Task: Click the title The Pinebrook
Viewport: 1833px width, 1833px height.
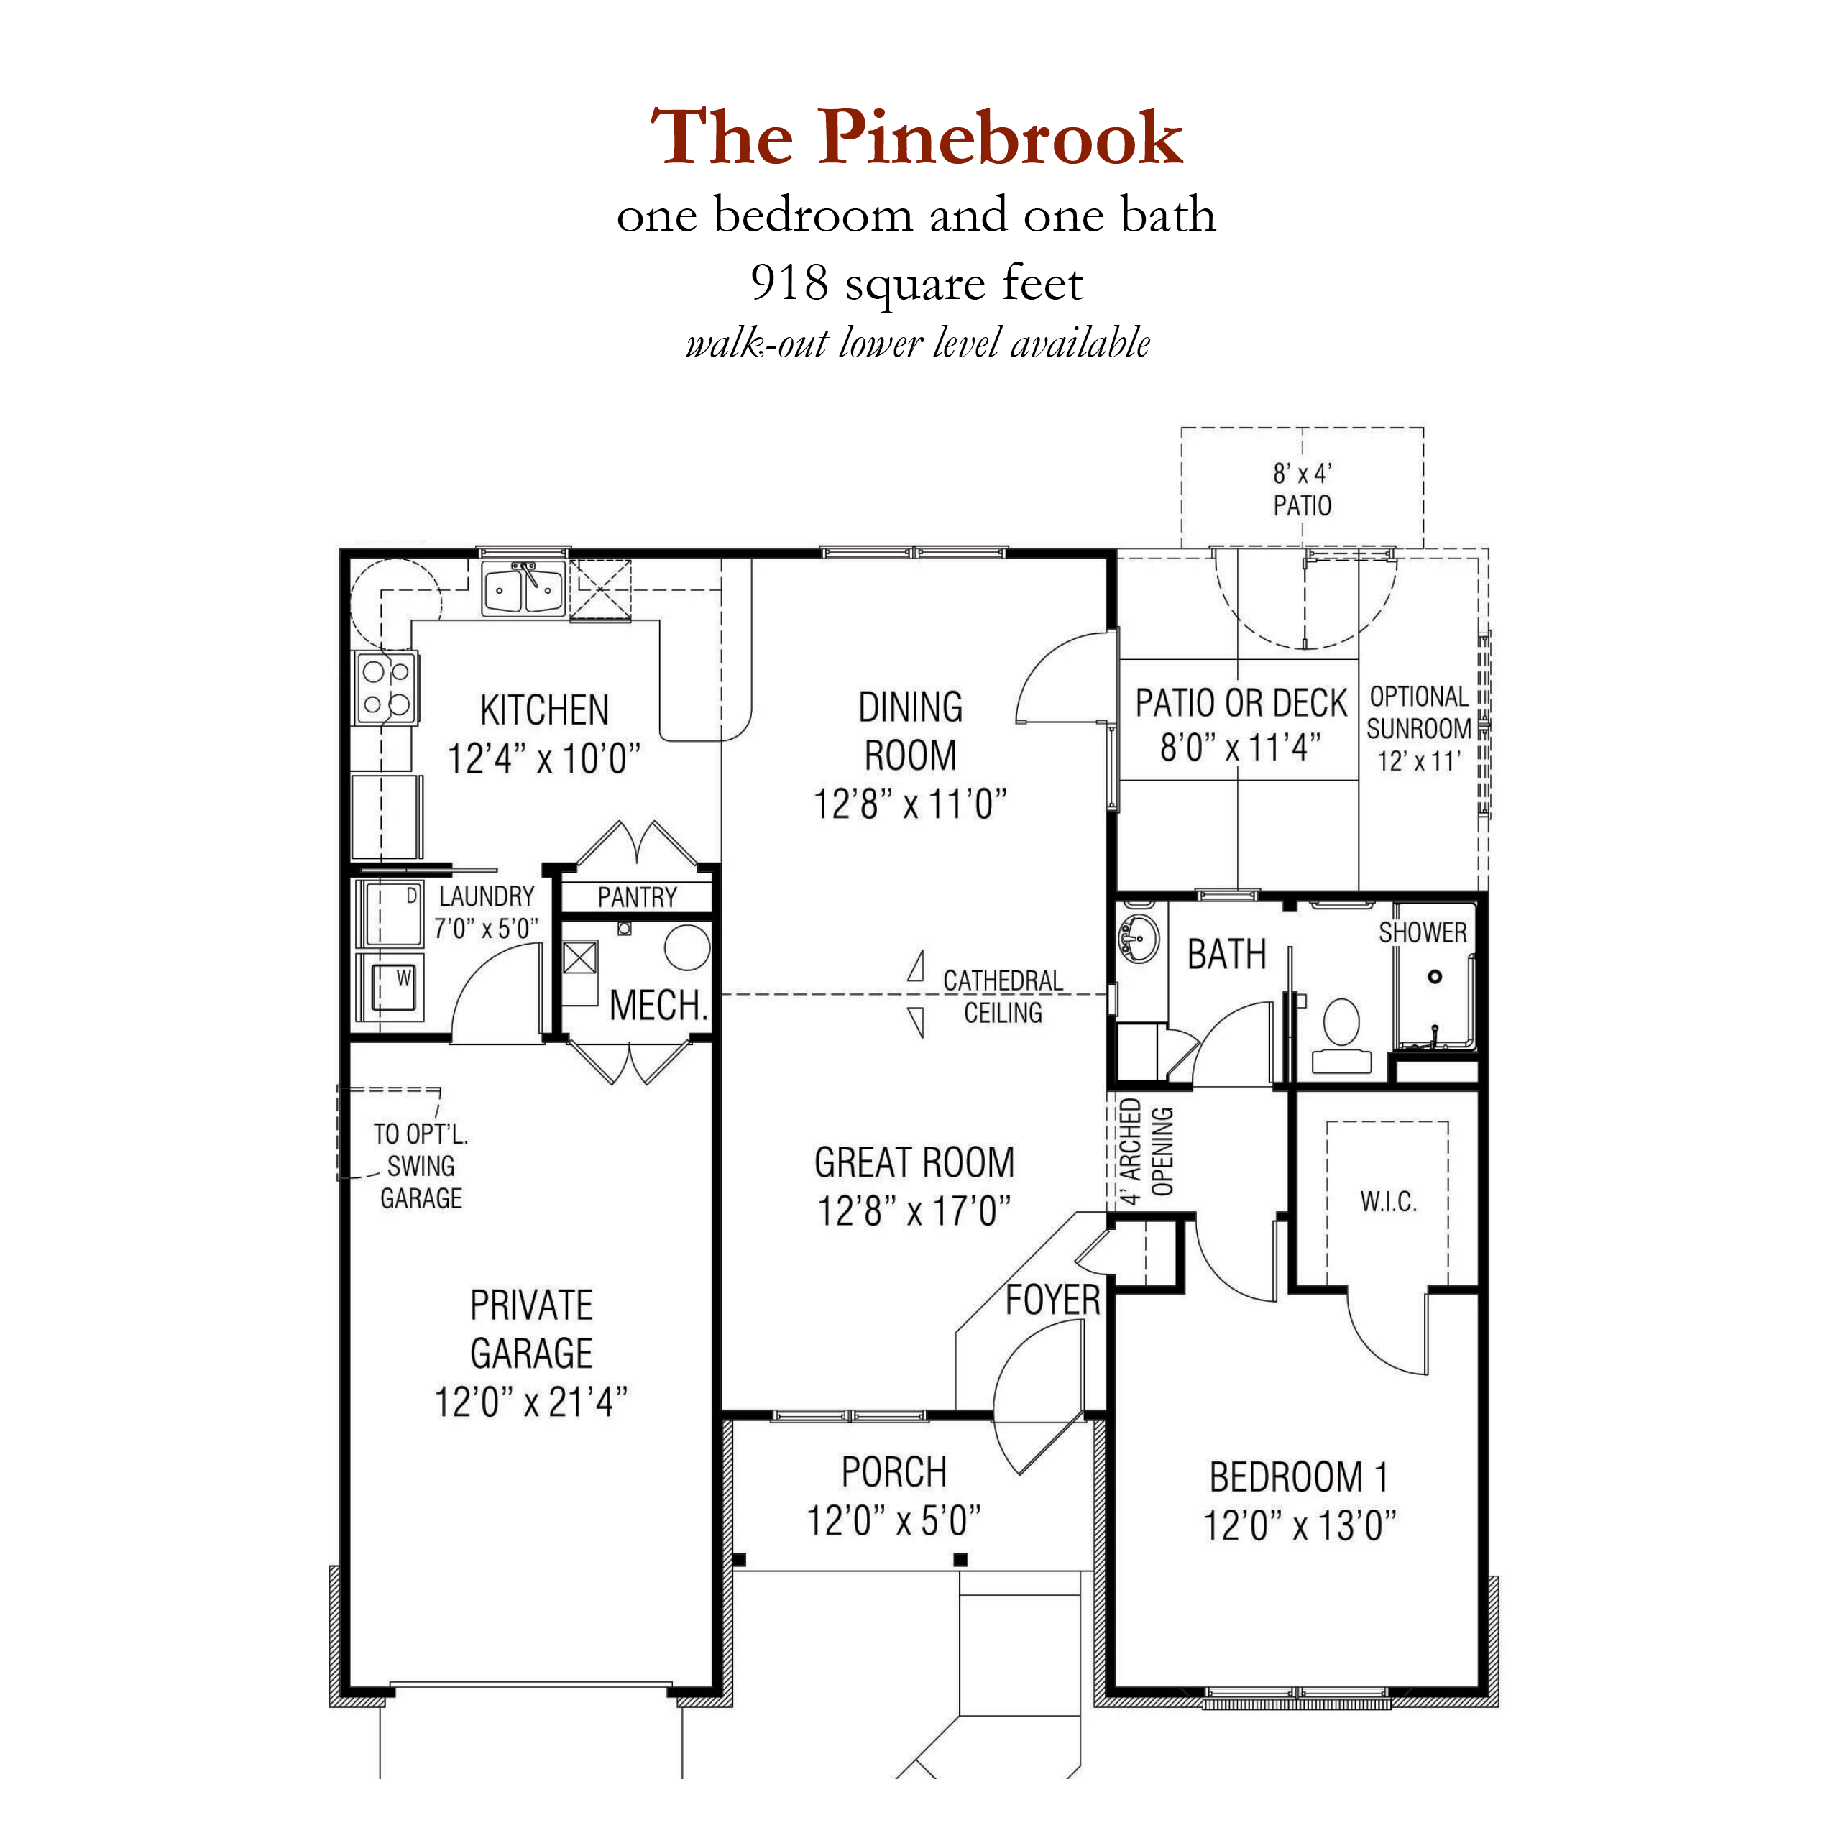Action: click(916, 137)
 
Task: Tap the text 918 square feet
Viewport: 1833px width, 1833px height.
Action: click(916, 282)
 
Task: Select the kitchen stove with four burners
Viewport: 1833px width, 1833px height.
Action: click(386, 688)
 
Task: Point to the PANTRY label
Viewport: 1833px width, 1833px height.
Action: click(637, 896)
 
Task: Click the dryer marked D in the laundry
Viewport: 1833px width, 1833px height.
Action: click(389, 914)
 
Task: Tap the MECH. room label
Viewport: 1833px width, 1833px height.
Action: click(658, 1005)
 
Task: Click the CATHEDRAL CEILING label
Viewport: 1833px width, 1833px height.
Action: click(1002, 996)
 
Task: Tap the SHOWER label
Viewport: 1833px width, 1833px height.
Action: click(1422, 932)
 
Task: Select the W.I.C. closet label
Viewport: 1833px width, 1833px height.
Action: click(1388, 1202)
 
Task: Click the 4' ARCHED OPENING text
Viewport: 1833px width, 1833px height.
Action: click(1145, 1151)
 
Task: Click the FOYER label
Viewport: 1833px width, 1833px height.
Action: click(1052, 1300)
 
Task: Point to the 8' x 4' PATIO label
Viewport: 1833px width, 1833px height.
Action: click(1302, 490)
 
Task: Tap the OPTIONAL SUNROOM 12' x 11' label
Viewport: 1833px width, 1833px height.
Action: click(1418, 729)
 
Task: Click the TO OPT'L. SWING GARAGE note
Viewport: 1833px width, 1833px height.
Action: click(421, 1166)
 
